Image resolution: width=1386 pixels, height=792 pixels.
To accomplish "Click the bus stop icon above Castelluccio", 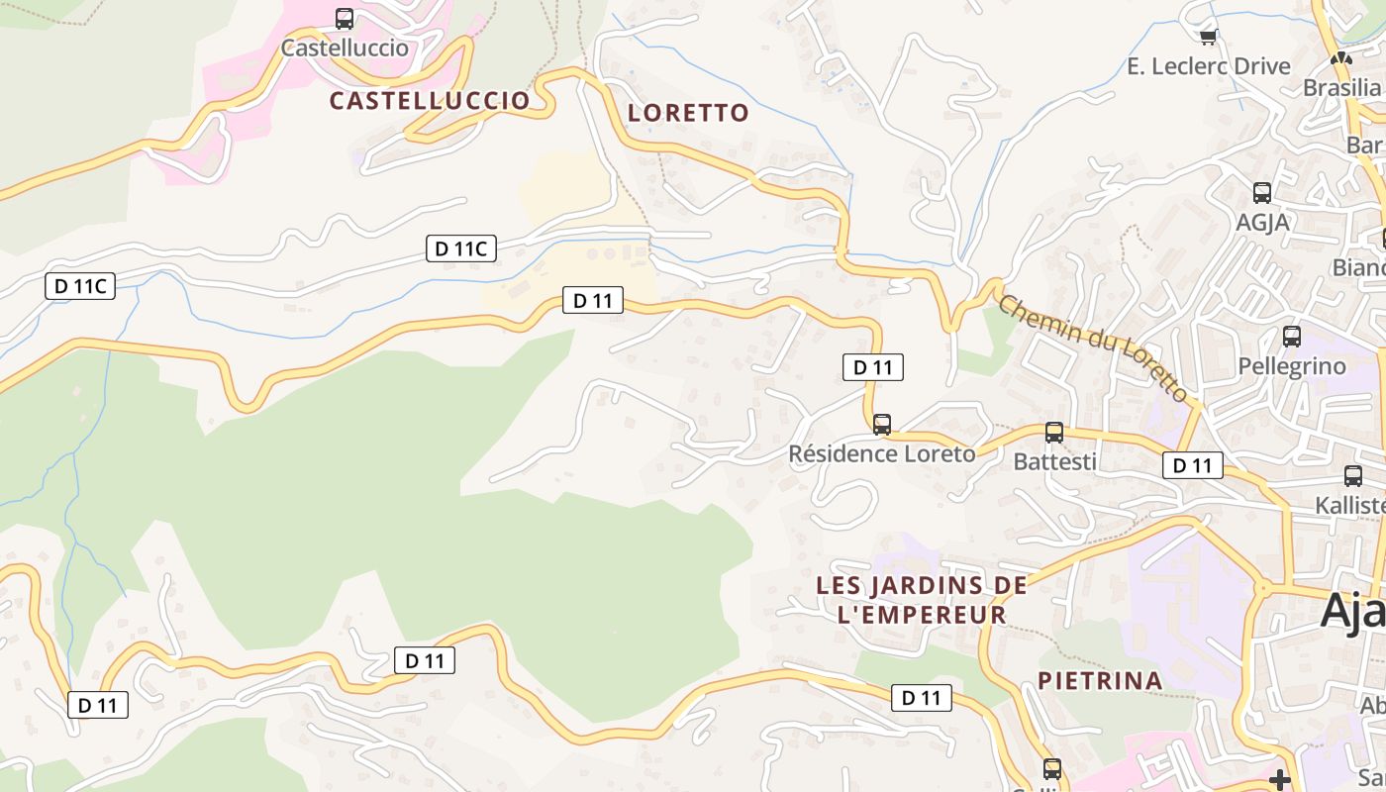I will click(345, 18).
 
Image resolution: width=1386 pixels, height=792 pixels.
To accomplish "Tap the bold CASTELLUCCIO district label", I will click(430, 100).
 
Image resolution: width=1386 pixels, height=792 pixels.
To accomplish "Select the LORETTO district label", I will click(688, 113).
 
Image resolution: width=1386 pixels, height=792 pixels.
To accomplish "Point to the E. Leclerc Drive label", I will click(1209, 66).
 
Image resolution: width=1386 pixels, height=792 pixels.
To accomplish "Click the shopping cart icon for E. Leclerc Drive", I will click(1208, 38).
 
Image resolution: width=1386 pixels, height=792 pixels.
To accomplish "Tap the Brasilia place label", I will click(1342, 87).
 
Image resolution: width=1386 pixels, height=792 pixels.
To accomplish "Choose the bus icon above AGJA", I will click(1261, 193).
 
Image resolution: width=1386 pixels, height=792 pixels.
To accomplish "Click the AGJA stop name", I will click(1262, 222).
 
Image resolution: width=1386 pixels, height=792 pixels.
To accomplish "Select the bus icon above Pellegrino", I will click(1292, 337).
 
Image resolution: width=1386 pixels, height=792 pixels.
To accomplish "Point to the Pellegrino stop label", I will click(1292, 366).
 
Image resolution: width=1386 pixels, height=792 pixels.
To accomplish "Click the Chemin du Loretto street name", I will click(1093, 347).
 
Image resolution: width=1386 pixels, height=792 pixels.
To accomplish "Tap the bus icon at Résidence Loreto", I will click(882, 425).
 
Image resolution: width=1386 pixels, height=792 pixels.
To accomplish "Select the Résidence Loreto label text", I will click(881, 453).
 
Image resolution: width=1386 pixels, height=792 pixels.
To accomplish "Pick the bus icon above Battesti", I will click(1054, 433).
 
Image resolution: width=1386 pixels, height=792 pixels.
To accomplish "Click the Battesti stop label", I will click(1054, 461).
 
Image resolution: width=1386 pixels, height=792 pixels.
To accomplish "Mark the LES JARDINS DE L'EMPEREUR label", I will click(922, 600).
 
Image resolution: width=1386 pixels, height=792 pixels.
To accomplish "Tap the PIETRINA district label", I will click(1100, 680).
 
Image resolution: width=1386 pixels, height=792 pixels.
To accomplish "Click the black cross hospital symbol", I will click(1280, 779).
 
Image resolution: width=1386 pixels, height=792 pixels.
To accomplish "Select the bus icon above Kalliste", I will click(1353, 476).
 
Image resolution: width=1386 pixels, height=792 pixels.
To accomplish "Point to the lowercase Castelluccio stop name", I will click(345, 48).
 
